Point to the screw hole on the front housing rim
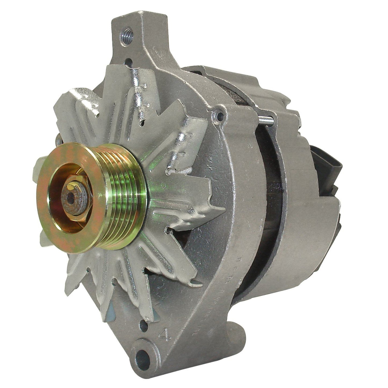point(221,115)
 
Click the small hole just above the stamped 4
point(143,328)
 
